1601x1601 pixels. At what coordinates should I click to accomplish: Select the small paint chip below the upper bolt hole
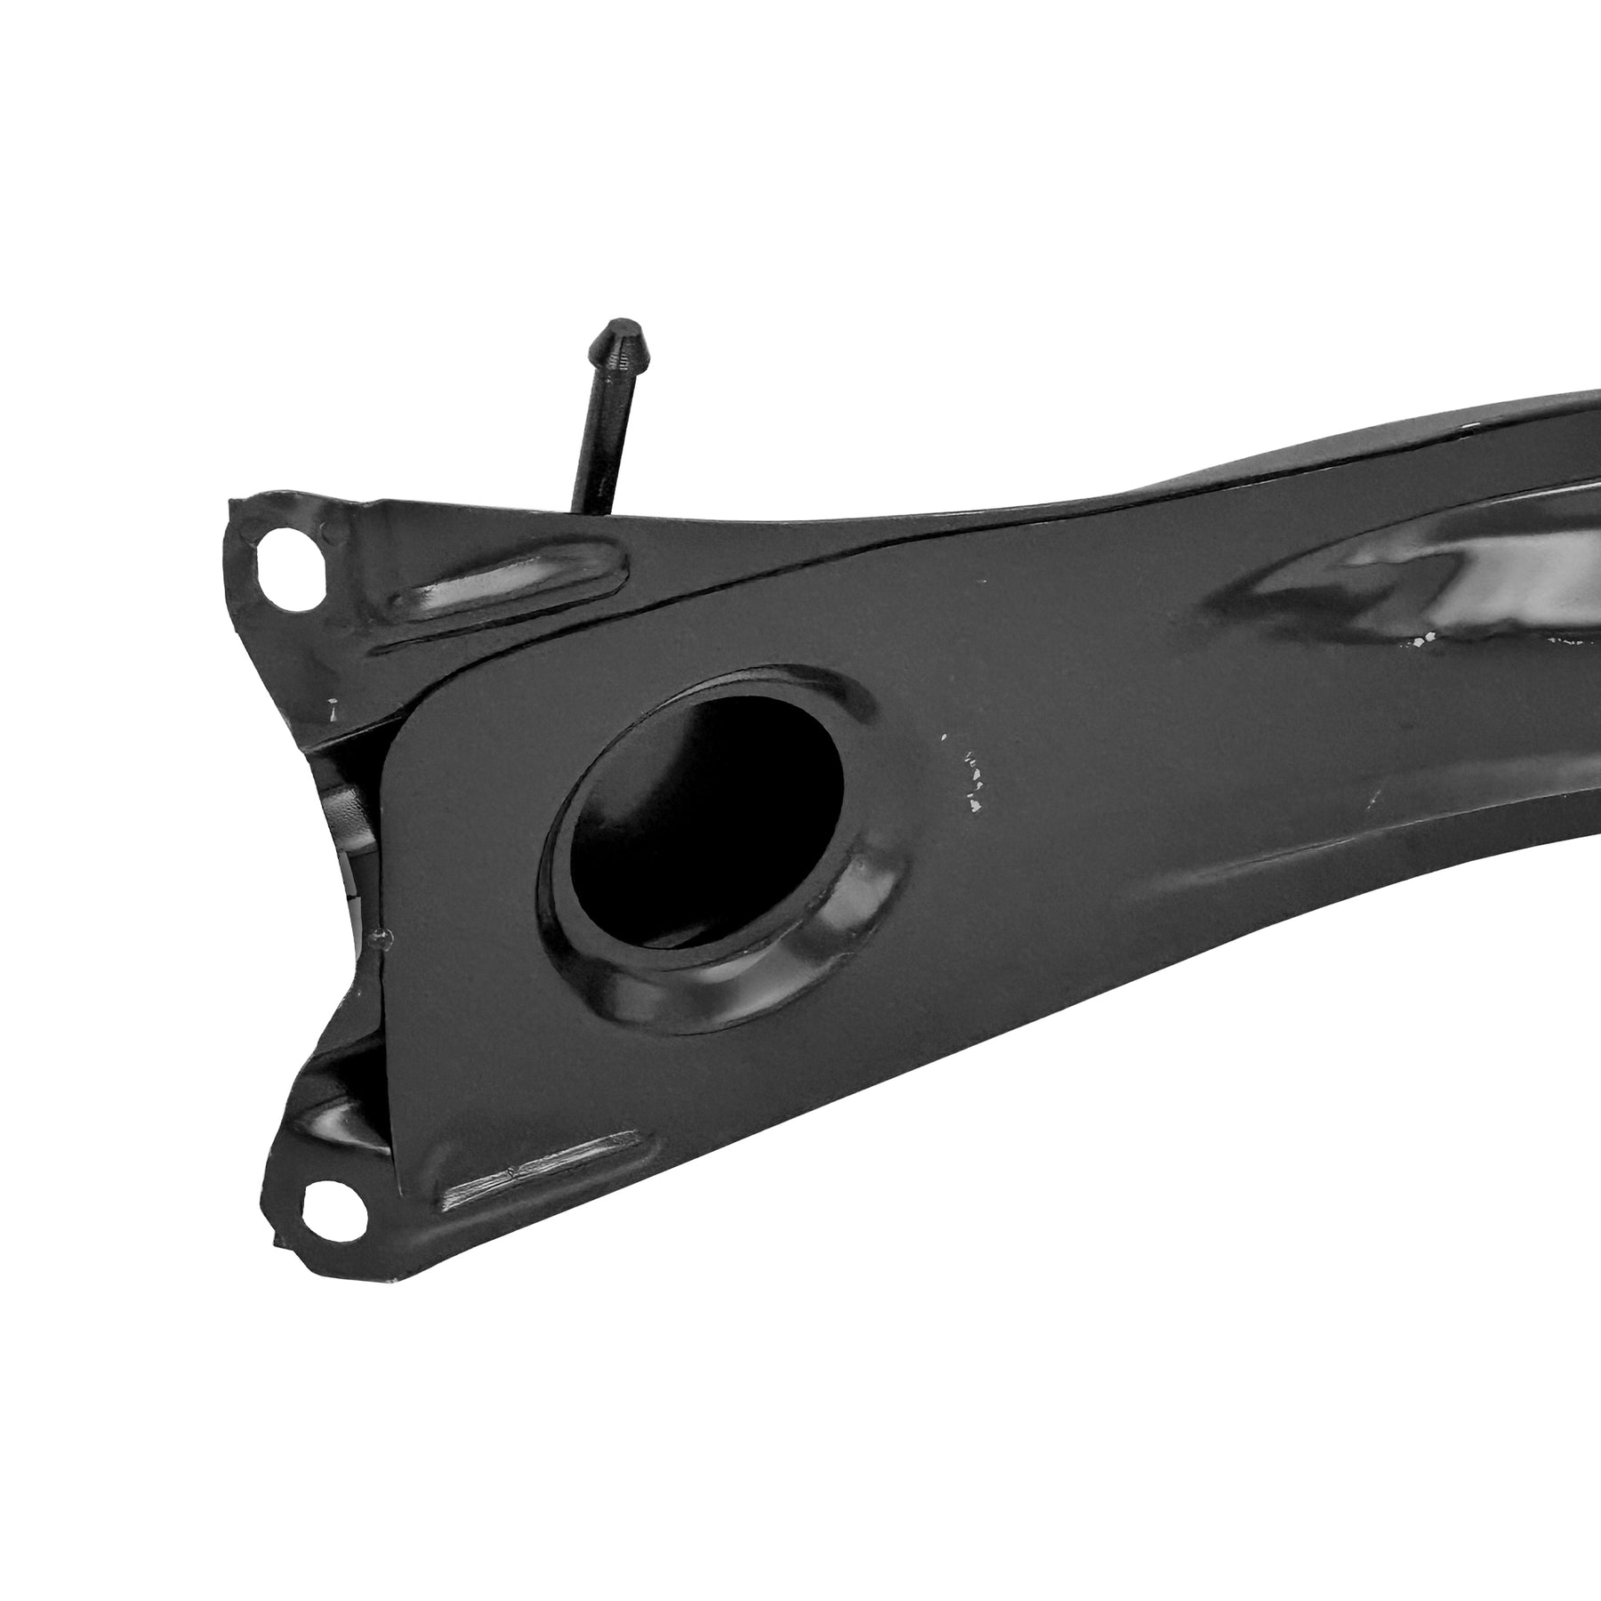pos(334,709)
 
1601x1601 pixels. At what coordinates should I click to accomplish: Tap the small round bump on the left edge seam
pos(382,934)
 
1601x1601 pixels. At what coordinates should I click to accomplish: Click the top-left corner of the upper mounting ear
pos(233,505)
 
